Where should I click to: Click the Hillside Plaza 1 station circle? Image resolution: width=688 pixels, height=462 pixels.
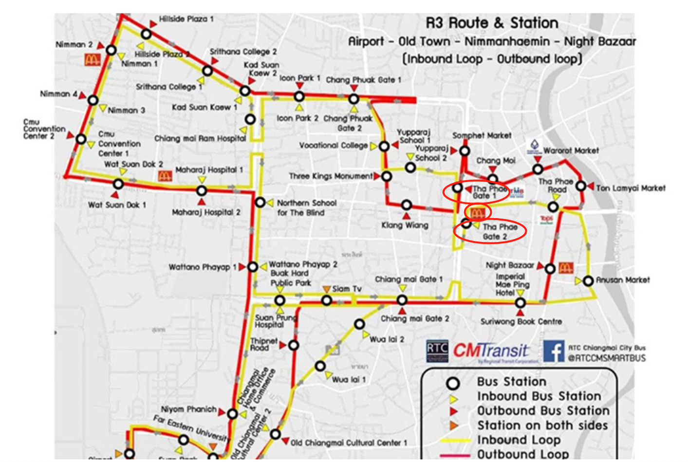tap(146, 34)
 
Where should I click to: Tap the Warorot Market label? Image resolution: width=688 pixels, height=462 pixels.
tap(571, 151)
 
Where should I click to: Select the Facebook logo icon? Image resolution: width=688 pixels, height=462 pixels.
tap(554, 351)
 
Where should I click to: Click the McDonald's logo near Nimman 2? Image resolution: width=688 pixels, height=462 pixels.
tap(93, 59)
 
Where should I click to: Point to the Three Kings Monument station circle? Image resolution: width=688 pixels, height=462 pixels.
tap(387, 176)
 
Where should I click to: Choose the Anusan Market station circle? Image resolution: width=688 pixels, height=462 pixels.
tap(588, 281)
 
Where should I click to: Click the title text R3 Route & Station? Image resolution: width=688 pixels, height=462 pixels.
tap(492, 23)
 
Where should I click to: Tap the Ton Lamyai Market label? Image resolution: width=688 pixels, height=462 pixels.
tap(631, 188)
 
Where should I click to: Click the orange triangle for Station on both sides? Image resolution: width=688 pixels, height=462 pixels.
tap(453, 425)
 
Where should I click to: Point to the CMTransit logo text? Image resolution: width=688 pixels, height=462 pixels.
tap(491, 351)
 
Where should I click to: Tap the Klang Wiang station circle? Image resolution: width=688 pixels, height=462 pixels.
tap(407, 205)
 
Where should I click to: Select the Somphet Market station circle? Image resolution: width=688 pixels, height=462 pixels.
tap(465, 151)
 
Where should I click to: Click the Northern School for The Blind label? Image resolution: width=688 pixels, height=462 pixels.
tap(306, 207)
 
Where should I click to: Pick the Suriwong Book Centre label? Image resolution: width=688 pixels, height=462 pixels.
tap(521, 321)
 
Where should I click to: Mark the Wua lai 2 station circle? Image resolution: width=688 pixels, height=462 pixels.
tap(359, 324)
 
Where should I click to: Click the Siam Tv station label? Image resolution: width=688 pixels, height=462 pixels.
tap(347, 289)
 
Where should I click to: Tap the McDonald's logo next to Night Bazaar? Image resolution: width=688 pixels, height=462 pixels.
tap(565, 267)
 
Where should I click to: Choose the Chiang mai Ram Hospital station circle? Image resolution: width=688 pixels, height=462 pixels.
tap(250, 119)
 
